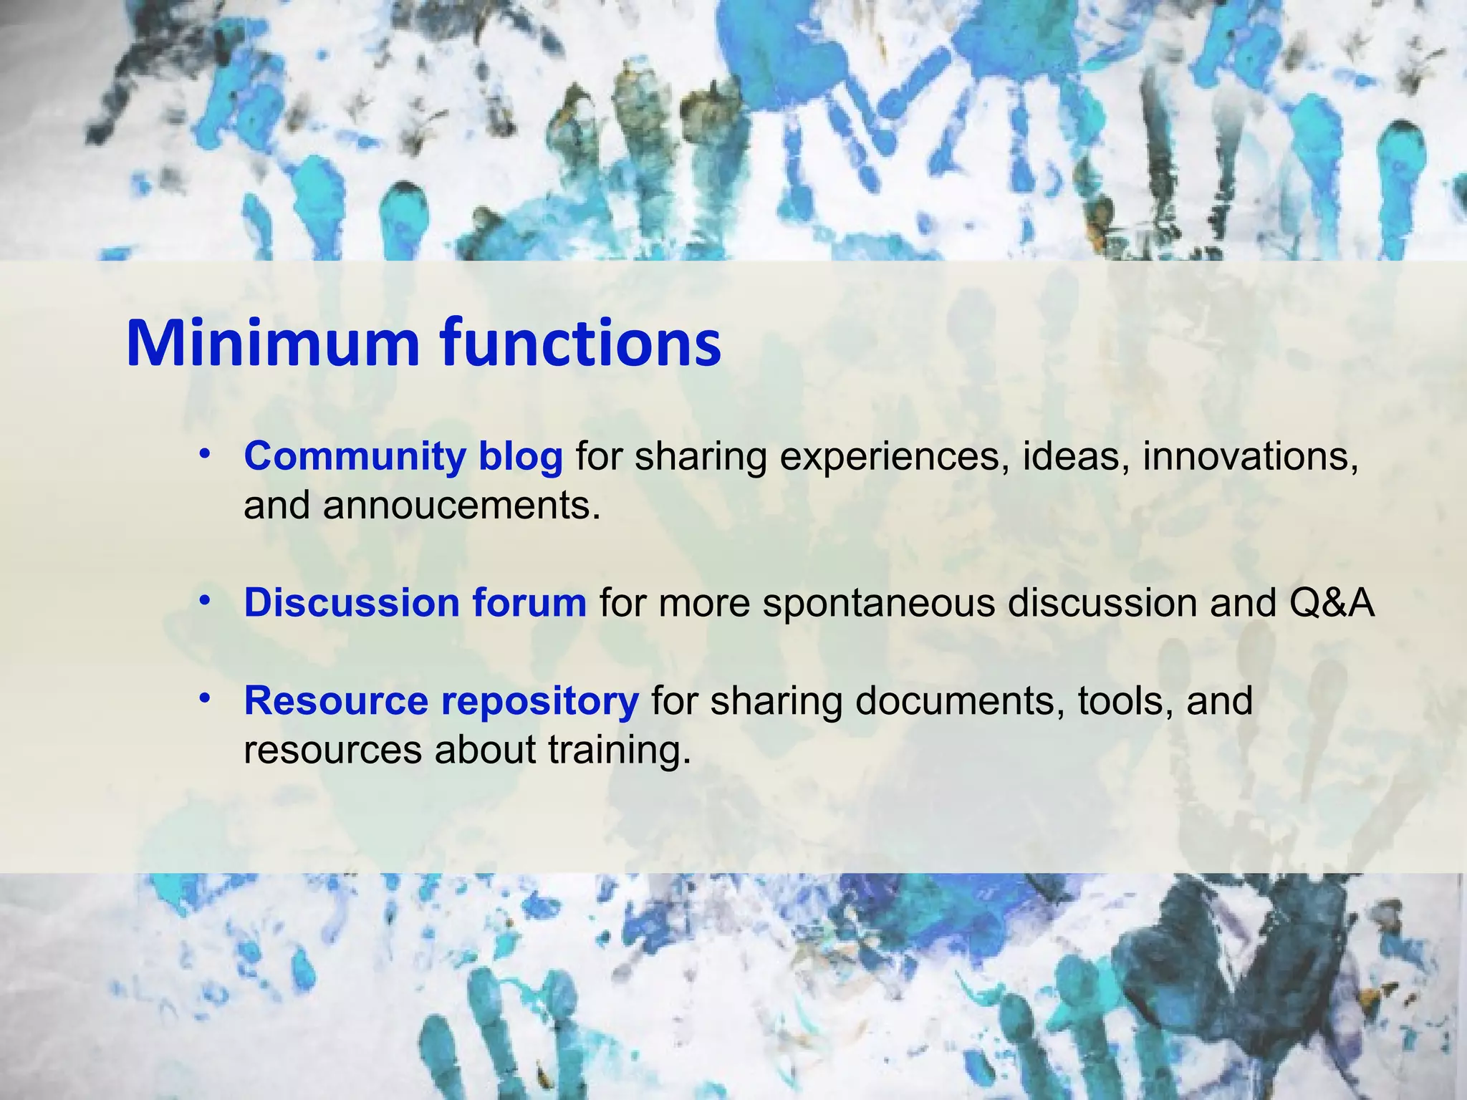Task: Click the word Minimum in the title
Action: [272, 343]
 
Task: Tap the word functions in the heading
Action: [580, 343]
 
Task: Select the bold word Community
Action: [355, 456]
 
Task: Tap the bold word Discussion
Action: [351, 603]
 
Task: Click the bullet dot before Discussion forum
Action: [205, 600]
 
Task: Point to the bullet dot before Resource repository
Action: [205, 698]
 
